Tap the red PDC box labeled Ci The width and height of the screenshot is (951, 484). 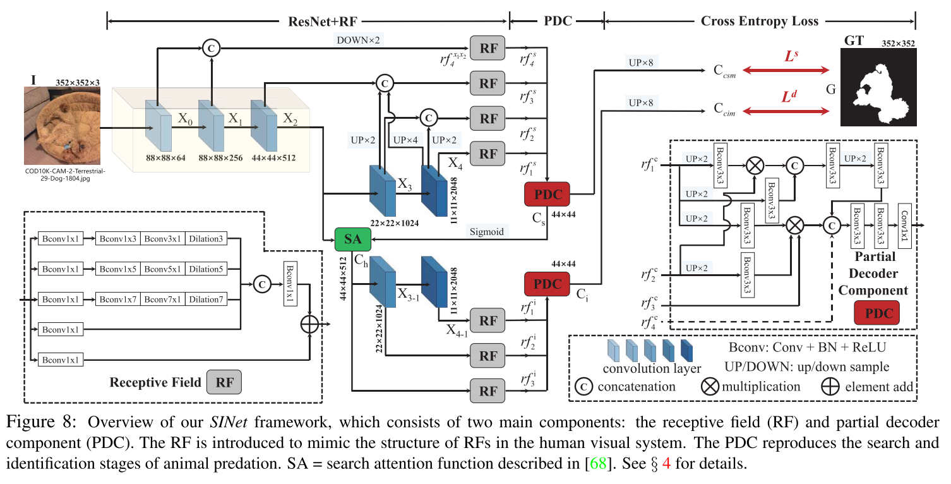[547, 284]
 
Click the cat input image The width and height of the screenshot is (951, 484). [62, 126]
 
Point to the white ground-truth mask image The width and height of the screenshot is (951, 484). [878, 89]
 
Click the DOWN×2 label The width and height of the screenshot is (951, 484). [358, 40]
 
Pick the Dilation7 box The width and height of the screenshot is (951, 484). [205, 299]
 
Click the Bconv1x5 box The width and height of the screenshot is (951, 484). [117, 270]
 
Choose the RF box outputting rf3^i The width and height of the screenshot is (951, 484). [488, 390]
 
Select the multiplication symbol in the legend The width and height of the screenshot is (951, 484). [710, 386]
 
